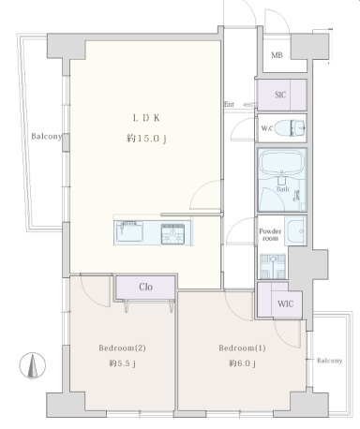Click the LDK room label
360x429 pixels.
click(146, 118)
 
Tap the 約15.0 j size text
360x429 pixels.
click(146, 139)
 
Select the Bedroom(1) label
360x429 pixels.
click(242, 348)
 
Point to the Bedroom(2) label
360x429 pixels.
click(122, 348)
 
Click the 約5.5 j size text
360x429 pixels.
click(122, 363)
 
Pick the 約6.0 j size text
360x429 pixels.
click(242, 363)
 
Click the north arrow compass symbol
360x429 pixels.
click(33, 365)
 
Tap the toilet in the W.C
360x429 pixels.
click(291, 128)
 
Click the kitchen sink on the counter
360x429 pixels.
click(129, 231)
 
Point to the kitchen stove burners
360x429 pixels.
click(172, 233)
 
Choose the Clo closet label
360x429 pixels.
click(145, 287)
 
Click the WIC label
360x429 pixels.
click(285, 303)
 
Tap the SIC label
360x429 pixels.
click(280, 95)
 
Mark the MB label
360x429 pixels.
click(277, 55)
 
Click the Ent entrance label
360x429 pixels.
click(229, 104)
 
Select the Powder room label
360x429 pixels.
click(270, 234)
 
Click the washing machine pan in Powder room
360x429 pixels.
click(273, 266)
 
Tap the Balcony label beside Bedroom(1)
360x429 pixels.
click(329, 361)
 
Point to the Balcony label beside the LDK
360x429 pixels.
click(47, 137)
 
